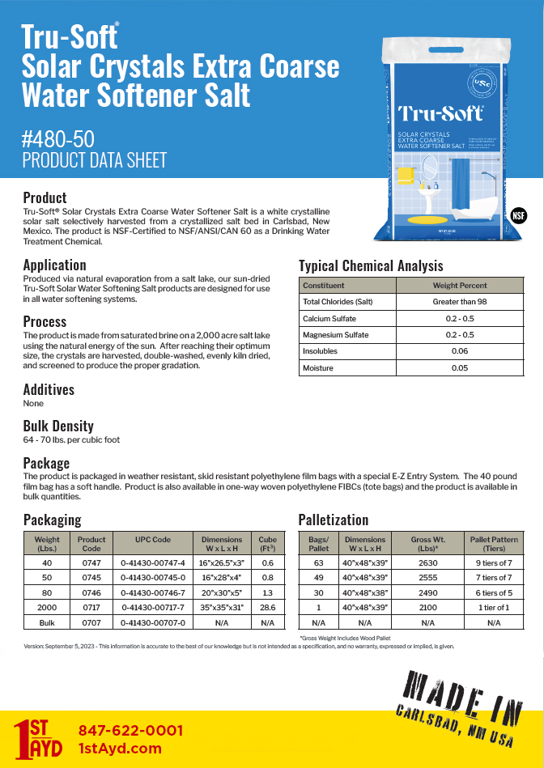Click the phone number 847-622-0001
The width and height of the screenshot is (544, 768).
(x=130, y=730)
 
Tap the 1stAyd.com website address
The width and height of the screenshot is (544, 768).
(x=120, y=749)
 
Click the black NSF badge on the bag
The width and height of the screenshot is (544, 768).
(x=519, y=216)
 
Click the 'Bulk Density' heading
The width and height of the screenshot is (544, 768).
(x=58, y=426)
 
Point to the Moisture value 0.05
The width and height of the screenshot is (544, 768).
(x=460, y=367)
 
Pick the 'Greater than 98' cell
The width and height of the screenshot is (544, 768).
(x=460, y=302)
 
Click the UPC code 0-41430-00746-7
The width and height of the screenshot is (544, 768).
(x=153, y=592)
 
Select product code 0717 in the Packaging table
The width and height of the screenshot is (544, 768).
(x=91, y=608)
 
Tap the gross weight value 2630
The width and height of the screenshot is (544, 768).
(x=427, y=562)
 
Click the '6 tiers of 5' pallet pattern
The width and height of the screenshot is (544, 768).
(x=494, y=592)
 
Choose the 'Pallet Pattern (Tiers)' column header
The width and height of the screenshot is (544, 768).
(x=494, y=544)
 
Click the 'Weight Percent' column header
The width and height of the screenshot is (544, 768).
(x=460, y=285)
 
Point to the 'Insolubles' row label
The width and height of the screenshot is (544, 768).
(x=321, y=351)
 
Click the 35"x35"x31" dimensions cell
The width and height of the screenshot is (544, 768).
(x=222, y=608)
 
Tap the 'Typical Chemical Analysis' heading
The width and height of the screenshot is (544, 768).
(x=371, y=265)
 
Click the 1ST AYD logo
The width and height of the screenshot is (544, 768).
(x=38, y=739)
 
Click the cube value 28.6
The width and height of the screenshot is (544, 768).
(x=267, y=608)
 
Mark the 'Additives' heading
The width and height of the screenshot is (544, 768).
(x=49, y=389)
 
